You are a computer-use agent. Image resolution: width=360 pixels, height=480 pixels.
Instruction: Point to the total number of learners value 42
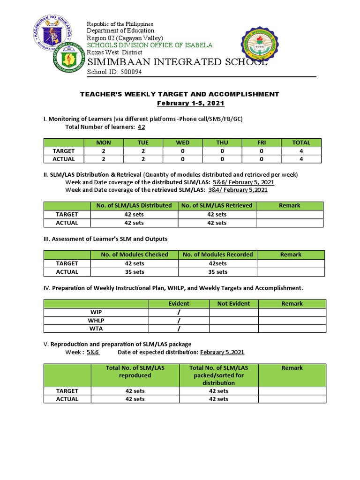coord(141,127)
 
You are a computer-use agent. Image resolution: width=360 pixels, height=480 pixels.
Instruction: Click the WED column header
coord(182,142)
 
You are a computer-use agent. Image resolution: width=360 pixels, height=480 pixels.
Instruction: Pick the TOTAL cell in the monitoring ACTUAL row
coord(301,159)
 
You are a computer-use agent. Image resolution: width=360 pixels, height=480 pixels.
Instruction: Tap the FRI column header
coord(261,142)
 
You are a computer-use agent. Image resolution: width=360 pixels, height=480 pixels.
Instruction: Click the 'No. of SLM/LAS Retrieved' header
coord(217,205)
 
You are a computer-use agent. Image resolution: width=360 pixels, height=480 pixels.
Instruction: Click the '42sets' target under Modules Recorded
coord(217,263)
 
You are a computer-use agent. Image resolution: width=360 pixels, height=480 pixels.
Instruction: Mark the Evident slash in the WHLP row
coord(179,321)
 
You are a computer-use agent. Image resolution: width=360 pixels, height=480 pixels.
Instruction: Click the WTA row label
coord(96,329)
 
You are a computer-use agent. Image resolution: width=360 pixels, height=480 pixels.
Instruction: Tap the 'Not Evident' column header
coord(233,304)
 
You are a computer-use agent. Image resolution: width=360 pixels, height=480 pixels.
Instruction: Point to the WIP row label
coord(96,312)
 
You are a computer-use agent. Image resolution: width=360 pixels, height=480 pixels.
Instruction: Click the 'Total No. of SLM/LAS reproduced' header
coord(135,372)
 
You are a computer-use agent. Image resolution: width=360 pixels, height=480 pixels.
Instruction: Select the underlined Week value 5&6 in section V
coord(93,352)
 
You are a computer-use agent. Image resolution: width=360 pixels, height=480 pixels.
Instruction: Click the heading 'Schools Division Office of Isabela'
coord(150,45)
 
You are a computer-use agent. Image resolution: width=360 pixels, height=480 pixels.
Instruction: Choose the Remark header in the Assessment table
coord(291,255)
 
